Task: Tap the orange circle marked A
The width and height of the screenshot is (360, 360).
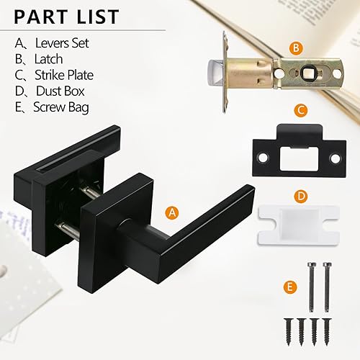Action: tap(171, 212)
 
